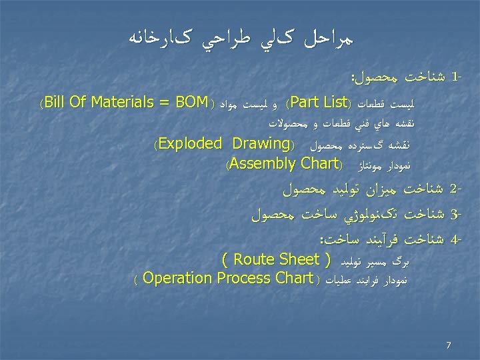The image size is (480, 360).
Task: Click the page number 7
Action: [449, 345]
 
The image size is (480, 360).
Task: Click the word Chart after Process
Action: [295, 277]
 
